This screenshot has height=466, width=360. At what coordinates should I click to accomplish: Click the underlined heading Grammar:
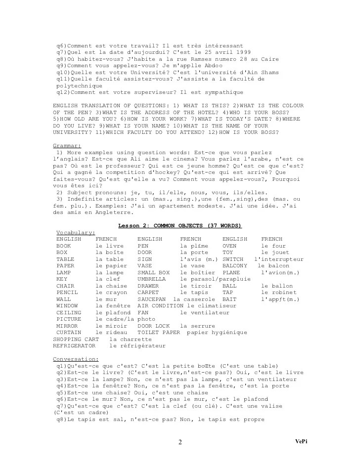point(67,146)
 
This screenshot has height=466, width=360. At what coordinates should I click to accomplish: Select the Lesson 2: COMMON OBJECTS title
point(180,226)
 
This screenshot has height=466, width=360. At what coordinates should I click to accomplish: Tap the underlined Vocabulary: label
point(76,232)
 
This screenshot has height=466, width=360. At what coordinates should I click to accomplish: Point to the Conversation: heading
point(76,359)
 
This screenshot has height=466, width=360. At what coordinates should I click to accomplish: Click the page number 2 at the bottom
point(180,442)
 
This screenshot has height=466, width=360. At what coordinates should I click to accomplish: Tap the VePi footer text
point(302,441)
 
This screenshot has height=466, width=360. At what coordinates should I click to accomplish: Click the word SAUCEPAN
point(152,299)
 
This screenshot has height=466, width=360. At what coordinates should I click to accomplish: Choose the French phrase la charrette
point(131,339)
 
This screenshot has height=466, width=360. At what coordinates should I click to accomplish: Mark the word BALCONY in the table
point(235,265)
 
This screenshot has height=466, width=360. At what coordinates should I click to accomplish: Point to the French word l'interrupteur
point(279,259)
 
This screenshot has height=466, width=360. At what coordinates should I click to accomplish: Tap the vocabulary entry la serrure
point(198,326)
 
